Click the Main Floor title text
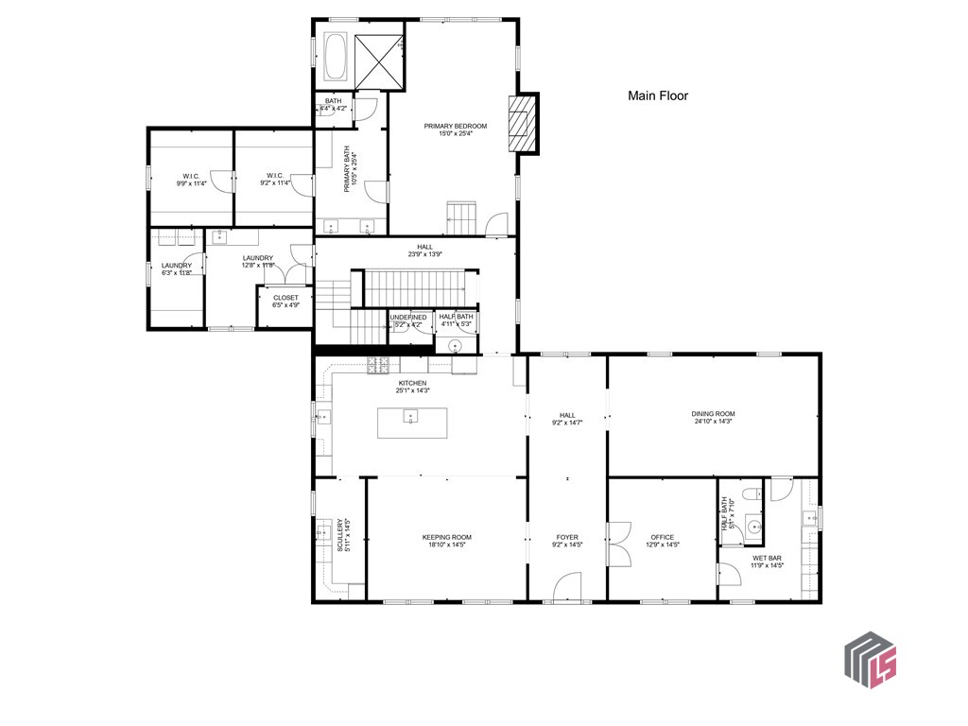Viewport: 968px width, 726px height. pyautogui.click(x=658, y=95)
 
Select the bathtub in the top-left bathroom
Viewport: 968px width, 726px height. pyautogui.click(x=337, y=58)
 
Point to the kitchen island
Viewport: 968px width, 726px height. pyautogui.click(x=412, y=422)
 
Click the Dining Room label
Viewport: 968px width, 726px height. pyautogui.click(x=713, y=414)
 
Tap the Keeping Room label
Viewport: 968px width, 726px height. pyautogui.click(x=446, y=537)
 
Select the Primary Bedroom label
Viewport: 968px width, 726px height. pyautogui.click(x=455, y=127)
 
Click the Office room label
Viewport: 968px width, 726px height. pyautogui.click(x=662, y=537)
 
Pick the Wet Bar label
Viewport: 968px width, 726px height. pyautogui.click(x=767, y=558)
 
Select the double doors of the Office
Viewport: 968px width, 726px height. pyautogui.click(x=619, y=543)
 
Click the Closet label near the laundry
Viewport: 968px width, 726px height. pyautogui.click(x=285, y=298)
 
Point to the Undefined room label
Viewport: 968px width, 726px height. pyautogui.click(x=408, y=318)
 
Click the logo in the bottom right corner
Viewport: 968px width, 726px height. pyautogui.click(x=870, y=659)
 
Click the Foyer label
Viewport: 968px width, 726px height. pyautogui.click(x=567, y=537)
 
